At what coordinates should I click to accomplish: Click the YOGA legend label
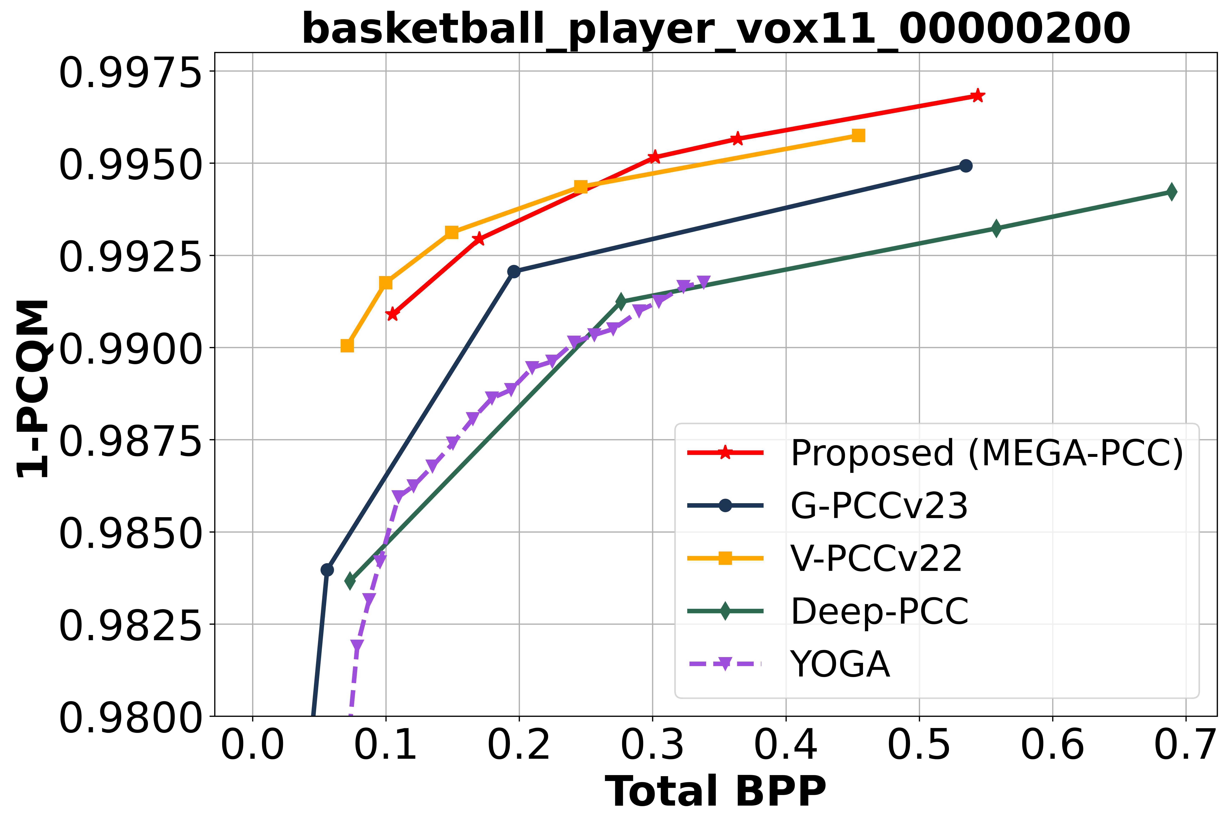click(840, 664)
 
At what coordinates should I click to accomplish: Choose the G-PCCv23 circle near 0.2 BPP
click(514, 272)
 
